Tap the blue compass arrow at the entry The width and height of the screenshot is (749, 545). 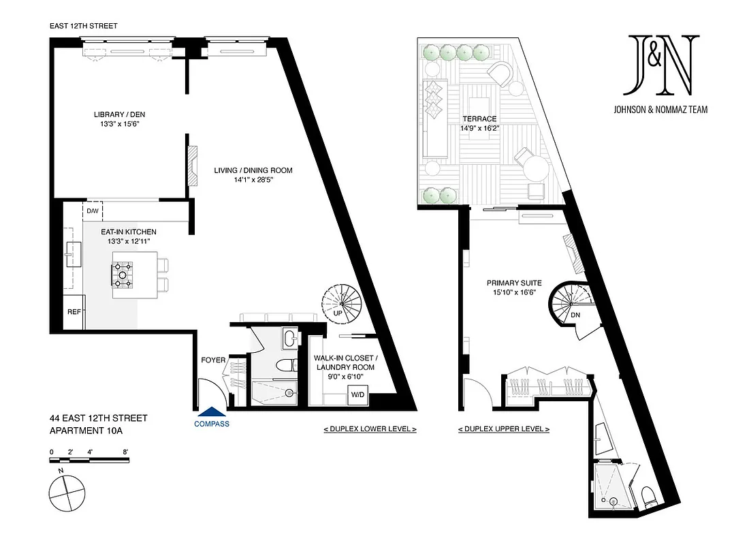[212, 411]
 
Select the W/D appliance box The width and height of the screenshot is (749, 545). [357, 394]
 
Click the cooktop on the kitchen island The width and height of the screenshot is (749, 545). [123, 274]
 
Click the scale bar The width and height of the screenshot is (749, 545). [89, 460]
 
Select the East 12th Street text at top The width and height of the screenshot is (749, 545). [83, 26]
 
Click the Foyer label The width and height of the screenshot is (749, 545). [213, 360]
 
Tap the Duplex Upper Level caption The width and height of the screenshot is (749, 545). [503, 429]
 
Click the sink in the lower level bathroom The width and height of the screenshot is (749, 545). [290, 337]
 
